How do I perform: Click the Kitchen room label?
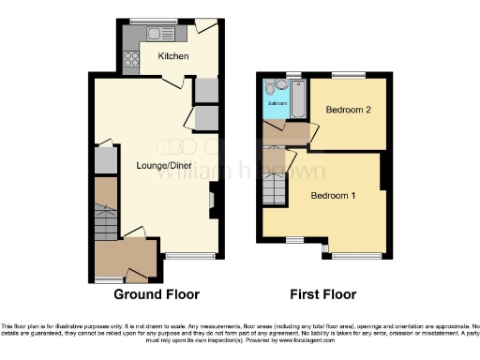coord(173,56)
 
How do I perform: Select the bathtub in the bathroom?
coord(298,99)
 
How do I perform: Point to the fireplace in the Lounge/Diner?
coord(211,200)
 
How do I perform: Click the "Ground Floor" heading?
coord(157,294)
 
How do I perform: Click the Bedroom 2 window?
coord(349,75)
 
